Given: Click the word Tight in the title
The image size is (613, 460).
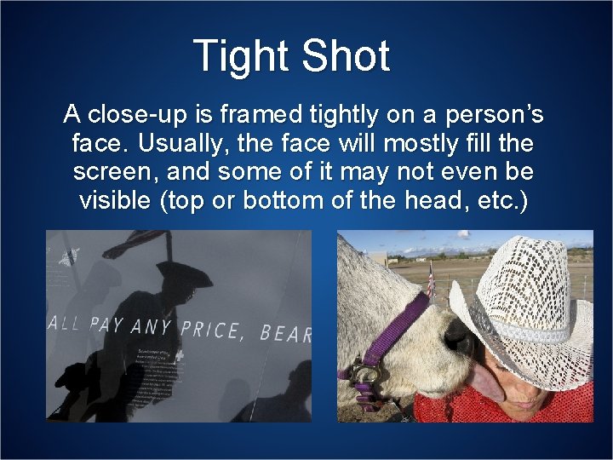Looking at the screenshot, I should point(239,56).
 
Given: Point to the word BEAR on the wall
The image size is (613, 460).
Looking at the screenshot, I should point(286,333).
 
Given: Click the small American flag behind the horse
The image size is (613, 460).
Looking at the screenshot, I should point(432,281).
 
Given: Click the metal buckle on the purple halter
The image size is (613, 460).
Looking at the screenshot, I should point(367,373).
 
